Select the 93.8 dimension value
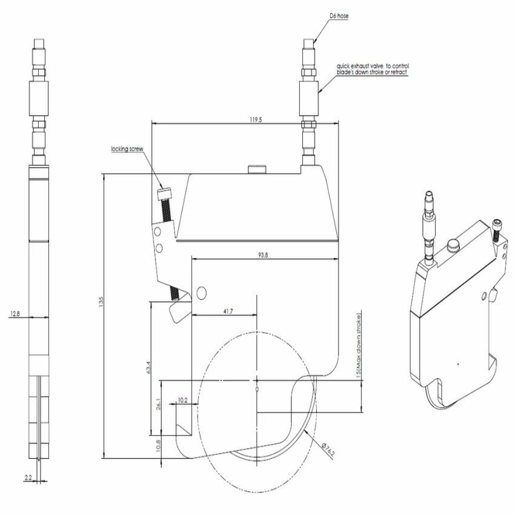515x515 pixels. point(262,255)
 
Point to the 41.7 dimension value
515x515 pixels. point(228,311)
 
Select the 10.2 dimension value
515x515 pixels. point(183,400)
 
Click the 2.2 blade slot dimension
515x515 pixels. point(28,478)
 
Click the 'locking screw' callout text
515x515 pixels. point(126,148)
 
